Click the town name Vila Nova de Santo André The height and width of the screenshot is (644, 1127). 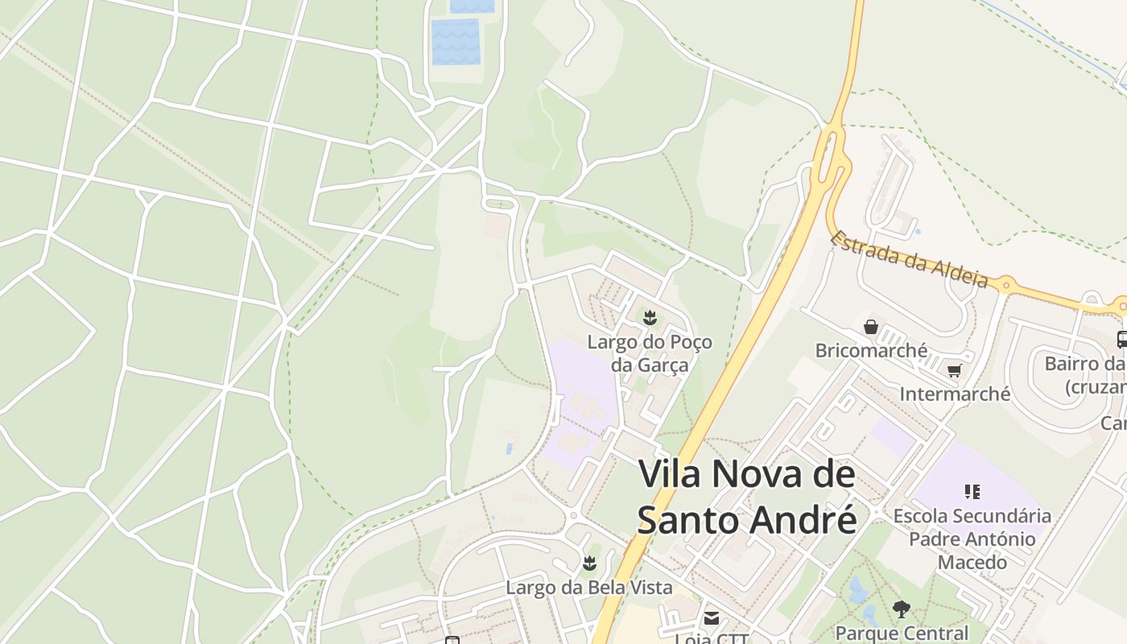[746, 497]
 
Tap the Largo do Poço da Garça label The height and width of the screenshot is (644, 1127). [650, 353]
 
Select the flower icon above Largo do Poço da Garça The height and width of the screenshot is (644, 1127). [650, 318]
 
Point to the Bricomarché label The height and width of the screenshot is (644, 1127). [871, 351]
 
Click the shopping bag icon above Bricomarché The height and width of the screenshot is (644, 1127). [871, 327]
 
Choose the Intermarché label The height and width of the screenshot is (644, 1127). [955, 394]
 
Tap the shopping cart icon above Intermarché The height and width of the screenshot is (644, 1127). [955, 370]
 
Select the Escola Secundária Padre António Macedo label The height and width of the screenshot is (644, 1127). [972, 539]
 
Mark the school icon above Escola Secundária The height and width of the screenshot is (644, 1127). [972, 491]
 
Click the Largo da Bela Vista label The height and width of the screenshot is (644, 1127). [588, 588]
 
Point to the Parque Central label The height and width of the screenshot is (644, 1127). [902, 633]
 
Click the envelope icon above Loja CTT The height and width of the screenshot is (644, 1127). [712, 618]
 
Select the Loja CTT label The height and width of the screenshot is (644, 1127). [712, 638]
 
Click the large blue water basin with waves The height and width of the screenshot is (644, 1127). [456, 41]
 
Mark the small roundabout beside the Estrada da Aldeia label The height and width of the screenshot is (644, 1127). [1005, 283]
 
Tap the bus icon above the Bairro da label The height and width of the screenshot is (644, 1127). [1122, 340]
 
